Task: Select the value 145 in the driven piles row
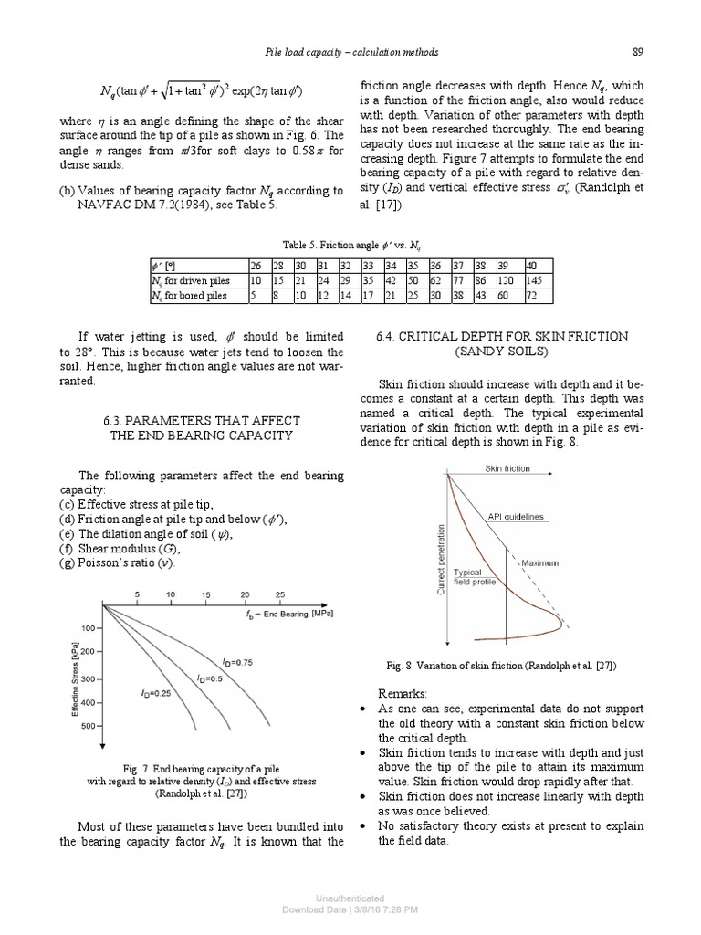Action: tap(537, 281)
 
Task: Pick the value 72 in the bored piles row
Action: tap(534, 296)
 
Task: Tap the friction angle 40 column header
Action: tap(533, 267)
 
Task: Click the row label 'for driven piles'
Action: tap(191, 281)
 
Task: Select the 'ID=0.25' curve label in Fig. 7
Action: tap(157, 693)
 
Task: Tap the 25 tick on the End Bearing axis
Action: tap(279, 595)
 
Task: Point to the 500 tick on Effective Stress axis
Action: tap(89, 727)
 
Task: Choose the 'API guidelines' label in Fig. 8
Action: tap(515, 516)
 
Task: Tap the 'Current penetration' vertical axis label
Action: tap(441, 562)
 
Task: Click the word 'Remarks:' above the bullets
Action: tap(402, 693)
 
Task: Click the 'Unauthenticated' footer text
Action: tap(350, 898)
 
